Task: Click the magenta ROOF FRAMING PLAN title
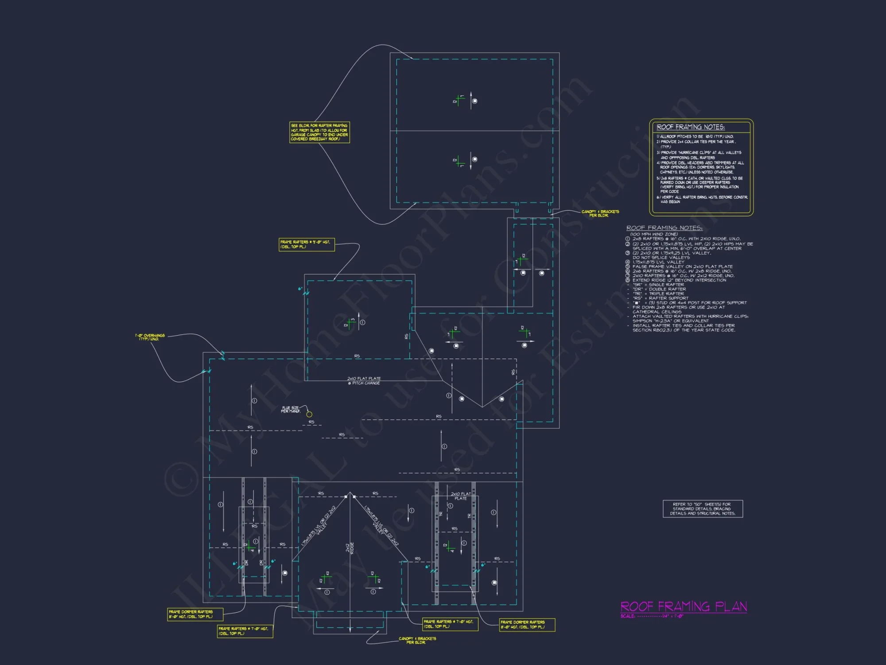(x=684, y=606)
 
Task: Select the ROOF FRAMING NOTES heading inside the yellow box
(x=690, y=127)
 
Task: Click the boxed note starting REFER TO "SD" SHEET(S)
(x=703, y=509)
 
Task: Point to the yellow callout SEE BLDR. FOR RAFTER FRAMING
(x=319, y=132)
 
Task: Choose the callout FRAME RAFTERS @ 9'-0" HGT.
(x=306, y=244)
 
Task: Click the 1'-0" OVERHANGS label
(x=150, y=337)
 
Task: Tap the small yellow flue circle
(x=309, y=414)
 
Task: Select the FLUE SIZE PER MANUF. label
(x=291, y=409)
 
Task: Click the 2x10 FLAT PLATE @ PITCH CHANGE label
(x=364, y=381)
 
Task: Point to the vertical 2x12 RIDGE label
(x=350, y=548)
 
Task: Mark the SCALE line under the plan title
(x=652, y=616)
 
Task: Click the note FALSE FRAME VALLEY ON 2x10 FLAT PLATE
(x=682, y=266)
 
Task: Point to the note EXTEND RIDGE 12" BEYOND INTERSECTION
(x=679, y=280)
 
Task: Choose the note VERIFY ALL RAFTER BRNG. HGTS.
(x=702, y=199)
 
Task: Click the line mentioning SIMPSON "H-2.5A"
(x=671, y=321)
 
